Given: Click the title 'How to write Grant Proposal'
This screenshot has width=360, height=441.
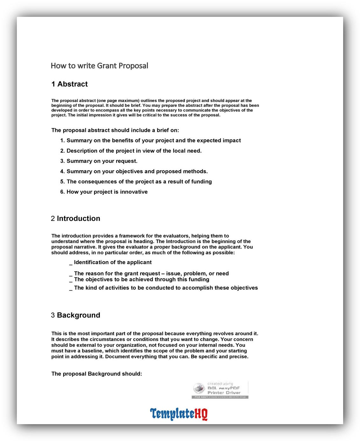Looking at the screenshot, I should (100, 66).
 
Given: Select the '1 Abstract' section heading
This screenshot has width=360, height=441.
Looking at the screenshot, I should (70, 84).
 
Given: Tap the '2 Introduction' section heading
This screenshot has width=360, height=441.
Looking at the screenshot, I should (76, 219).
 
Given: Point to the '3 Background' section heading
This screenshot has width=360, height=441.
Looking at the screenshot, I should (76, 315).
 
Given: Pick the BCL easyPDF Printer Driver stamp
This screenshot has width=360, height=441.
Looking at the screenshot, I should (220, 390).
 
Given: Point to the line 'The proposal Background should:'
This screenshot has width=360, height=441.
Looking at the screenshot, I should (97, 374).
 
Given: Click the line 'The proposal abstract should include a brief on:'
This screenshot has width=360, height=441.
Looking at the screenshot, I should (115, 130).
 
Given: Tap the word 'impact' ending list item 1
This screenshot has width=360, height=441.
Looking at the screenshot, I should (232, 140).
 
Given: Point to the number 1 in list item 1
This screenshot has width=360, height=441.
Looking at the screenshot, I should (62, 140).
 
